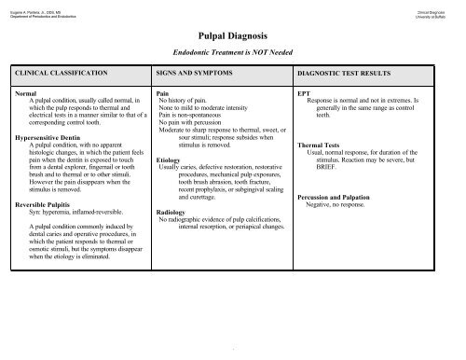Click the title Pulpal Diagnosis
click(235, 31)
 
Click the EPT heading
click(303, 94)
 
